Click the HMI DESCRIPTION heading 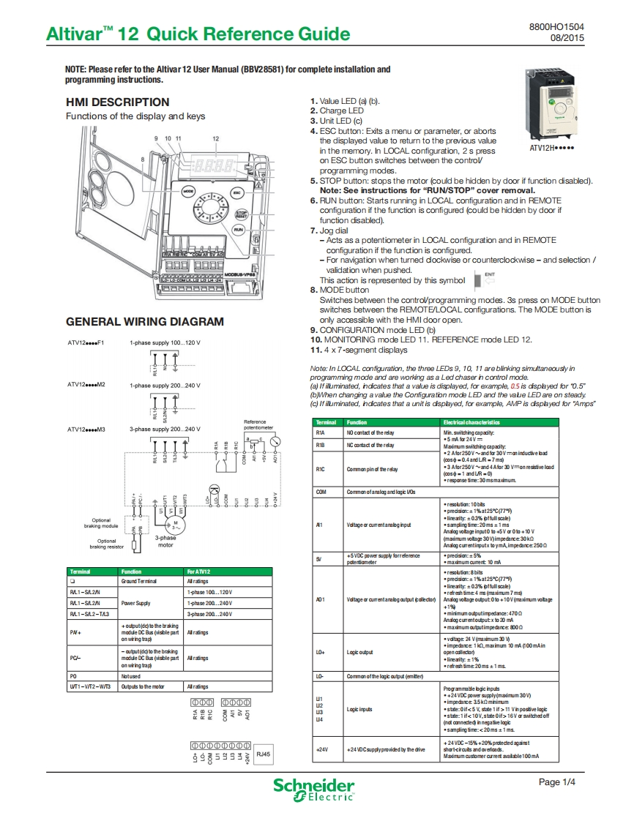click(x=117, y=102)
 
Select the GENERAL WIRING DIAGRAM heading click(x=145, y=321)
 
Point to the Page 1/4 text click(x=557, y=782)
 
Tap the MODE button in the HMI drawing click(x=187, y=191)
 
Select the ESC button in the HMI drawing click(x=236, y=191)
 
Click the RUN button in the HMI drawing click(x=238, y=230)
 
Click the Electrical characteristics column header click(x=471, y=422)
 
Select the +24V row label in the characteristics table click(x=321, y=750)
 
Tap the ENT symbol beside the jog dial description click(x=484, y=280)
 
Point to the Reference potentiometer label click(x=259, y=424)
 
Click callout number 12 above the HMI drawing click(x=215, y=138)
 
